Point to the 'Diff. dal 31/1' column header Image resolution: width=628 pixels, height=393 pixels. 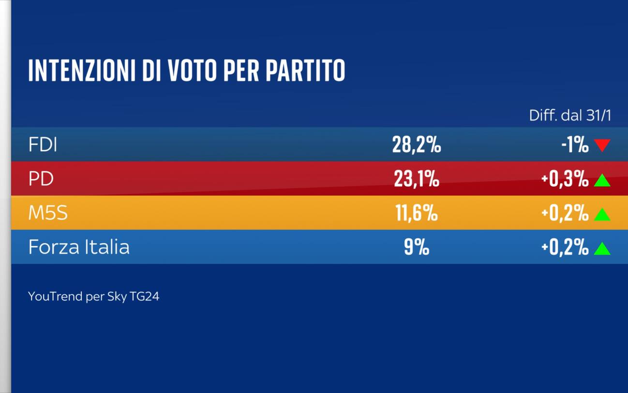pos(570,116)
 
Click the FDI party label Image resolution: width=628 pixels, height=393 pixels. pos(43,145)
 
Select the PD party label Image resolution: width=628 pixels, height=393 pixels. pos(41,179)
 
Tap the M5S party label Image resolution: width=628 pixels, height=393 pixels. pos(48,213)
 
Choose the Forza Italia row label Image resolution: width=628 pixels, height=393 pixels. pos(79,247)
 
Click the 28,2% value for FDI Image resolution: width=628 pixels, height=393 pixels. pos(416,145)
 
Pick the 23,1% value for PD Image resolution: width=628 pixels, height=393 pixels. pos(416,179)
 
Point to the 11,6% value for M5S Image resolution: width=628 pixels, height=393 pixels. pos(416,213)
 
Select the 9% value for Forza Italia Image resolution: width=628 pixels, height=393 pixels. pos(416,247)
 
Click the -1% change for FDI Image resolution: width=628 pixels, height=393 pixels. pos(575,145)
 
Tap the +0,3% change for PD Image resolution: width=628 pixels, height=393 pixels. pos(565,179)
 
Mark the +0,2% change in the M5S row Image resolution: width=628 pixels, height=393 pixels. pos(565,213)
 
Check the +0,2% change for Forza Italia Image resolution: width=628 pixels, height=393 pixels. pos(565,247)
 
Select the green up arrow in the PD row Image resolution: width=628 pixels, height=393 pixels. pos(602,181)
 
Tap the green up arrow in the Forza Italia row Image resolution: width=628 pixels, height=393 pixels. pos(602,249)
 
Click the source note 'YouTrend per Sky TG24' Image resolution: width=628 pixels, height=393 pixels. pos(93,296)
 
